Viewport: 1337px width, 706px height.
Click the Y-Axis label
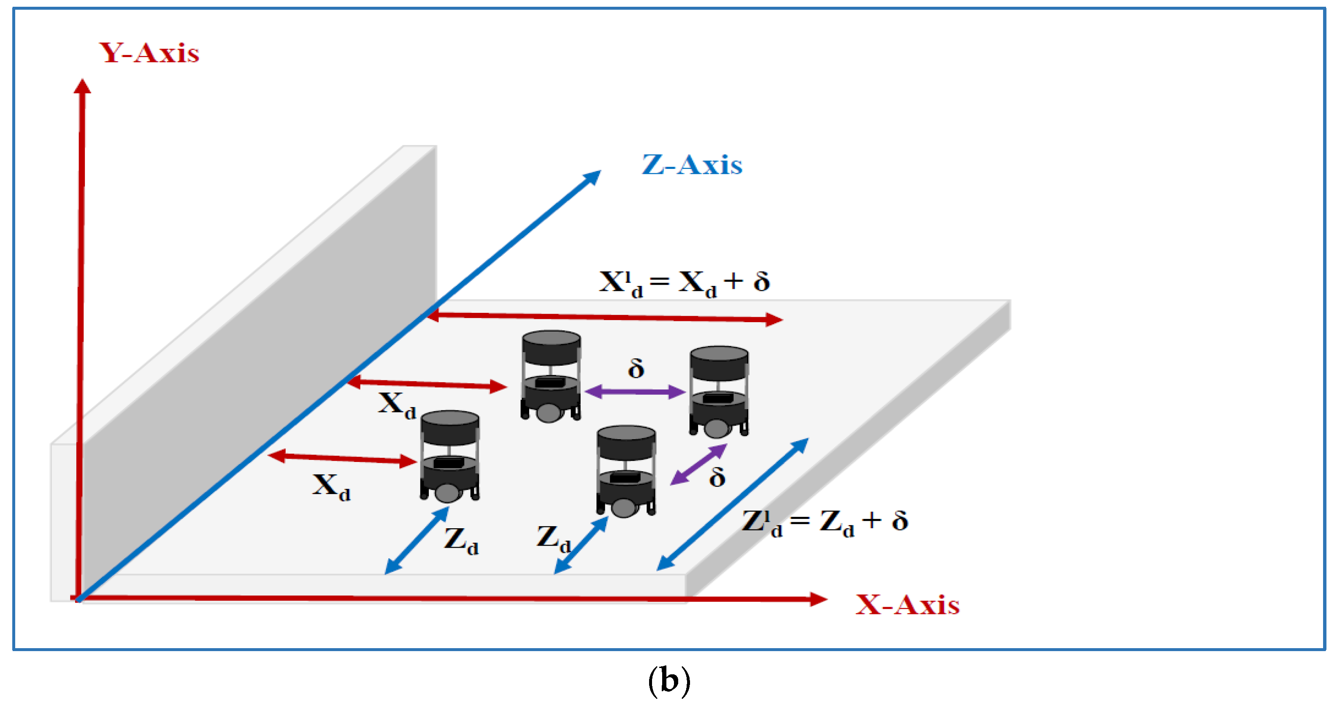149,53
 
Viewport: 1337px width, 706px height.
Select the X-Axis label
907,605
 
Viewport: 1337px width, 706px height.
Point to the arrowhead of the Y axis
82,86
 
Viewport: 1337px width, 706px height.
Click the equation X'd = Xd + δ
684,283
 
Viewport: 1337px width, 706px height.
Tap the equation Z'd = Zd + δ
825,522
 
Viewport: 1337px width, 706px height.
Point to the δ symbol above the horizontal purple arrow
636,369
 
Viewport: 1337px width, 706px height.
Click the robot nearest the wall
449,457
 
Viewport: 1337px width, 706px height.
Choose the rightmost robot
719,392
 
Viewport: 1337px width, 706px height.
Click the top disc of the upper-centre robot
551,339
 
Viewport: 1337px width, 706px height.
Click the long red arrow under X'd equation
605,317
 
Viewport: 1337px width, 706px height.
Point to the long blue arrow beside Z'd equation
732,505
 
